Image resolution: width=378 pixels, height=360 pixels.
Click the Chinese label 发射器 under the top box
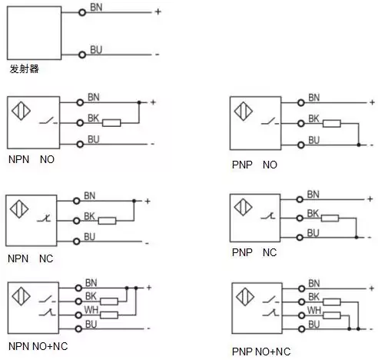click(24, 68)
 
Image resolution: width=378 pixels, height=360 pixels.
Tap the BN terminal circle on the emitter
click(82, 12)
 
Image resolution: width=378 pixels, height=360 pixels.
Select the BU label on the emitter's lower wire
click(96, 49)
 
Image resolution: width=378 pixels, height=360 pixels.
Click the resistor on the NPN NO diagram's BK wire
click(111, 123)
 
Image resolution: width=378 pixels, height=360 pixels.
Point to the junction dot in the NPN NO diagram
click(139, 102)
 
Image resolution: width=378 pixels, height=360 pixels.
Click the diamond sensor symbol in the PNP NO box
click(244, 112)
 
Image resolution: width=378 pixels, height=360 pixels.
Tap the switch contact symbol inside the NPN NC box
click(44, 218)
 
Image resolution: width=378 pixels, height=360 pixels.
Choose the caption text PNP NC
click(254, 252)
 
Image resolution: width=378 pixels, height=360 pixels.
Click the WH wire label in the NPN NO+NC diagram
click(91, 310)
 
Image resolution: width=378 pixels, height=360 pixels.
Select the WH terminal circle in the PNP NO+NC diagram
click(302, 315)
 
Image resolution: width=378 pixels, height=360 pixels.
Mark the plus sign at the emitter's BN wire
click(158, 12)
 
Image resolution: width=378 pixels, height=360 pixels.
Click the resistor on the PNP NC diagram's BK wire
click(330, 218)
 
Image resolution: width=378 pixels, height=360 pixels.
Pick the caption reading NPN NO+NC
click(38, 346)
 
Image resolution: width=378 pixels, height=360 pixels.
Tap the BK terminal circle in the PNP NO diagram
click(301, 124)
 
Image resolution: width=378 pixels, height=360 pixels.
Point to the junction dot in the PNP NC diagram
click(356, 238)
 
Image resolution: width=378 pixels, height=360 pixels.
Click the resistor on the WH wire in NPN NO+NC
click(109, 315)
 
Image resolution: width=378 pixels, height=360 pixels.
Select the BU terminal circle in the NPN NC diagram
click(77, 242)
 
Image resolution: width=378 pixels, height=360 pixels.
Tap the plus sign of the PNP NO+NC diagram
click(372, 288)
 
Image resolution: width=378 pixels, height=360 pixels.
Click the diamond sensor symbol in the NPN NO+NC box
click(22, 296)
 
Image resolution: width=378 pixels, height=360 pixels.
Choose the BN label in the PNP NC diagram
click(313, 195)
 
